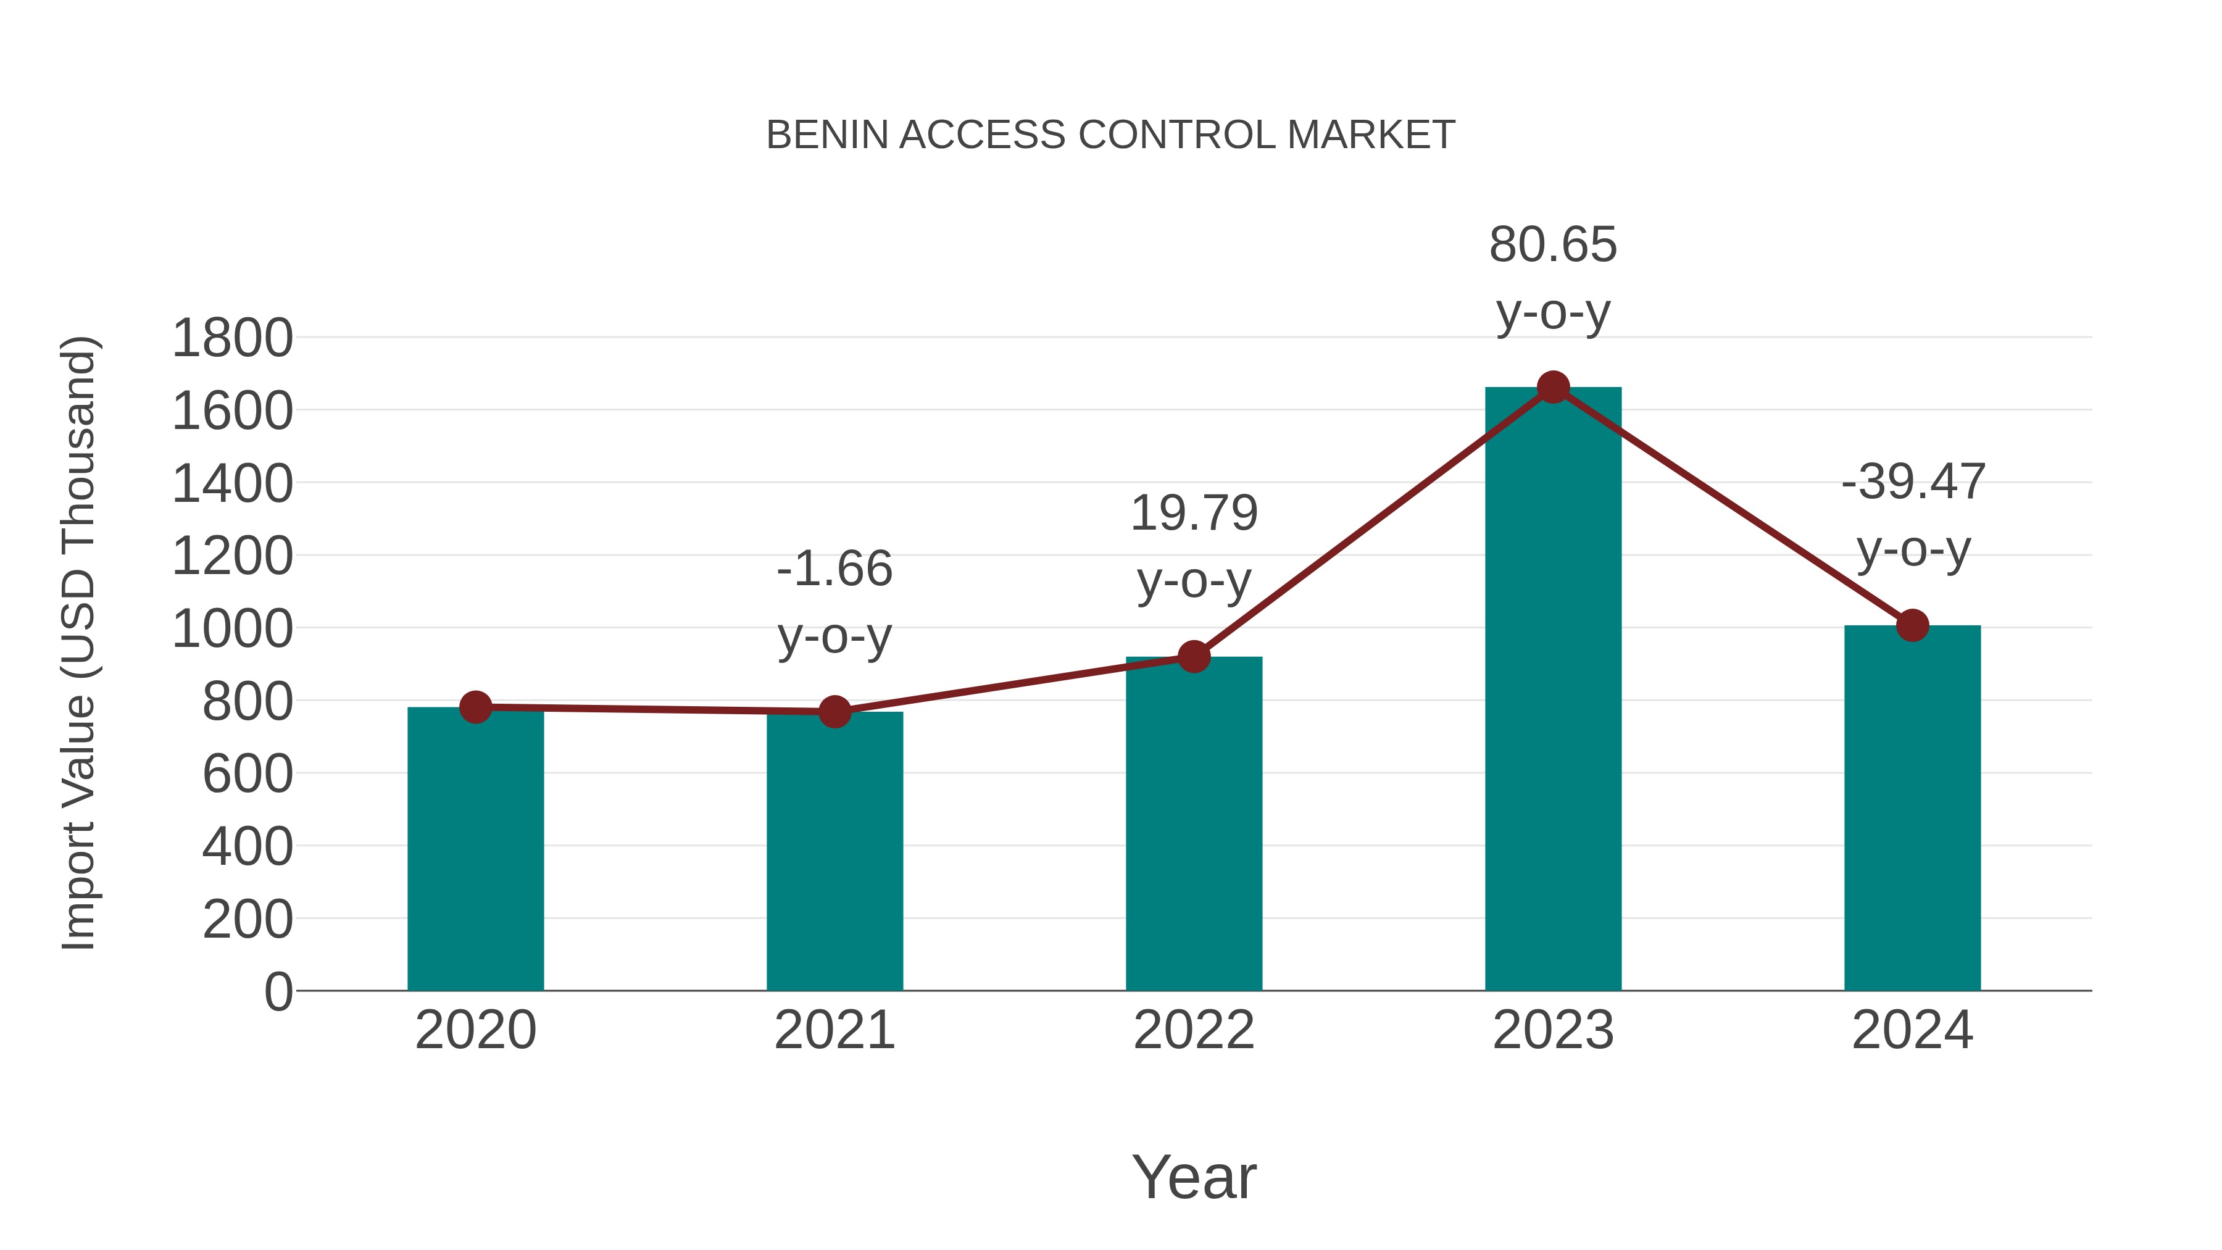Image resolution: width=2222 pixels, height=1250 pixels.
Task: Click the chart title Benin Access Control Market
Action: pyautogui.click(x=1110, y=135)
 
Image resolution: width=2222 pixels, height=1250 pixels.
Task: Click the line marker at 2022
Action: pyautogui.click(x=1194, y=657)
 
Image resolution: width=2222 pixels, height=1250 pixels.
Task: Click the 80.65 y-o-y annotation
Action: pyautogui.click(x=1553, y=278)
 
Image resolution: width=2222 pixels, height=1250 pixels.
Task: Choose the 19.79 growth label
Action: pyautogui.click(x=1194, y=547)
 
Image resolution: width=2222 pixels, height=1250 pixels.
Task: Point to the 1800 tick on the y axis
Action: pyautogui.click(x=232, y=338)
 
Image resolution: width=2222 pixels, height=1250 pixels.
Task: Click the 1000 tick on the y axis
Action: pyautogui.click(x=232, y=629)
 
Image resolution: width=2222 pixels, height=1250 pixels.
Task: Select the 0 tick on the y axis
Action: pyautogui.click(x=278, y=992)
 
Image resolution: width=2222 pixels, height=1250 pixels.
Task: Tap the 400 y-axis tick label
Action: pyautogui.click(x=247, y=847)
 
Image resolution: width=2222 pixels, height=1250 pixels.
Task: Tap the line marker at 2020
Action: pyautogui.click(x=475, y=707)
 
